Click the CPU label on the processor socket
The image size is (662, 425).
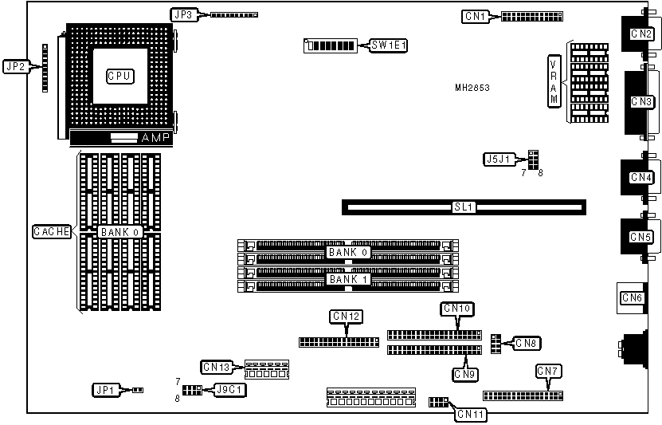[x=119, y=76]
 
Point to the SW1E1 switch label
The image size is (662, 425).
[x=389, y=45]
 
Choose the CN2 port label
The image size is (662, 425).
[x=641, y=33]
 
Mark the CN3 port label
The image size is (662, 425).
[x=641, y=101]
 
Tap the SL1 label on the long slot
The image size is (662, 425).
[x=464, y=207]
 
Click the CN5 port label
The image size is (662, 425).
[x=640, y=237]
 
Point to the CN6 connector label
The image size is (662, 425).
[x=633, y=298]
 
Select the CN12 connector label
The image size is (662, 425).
[x=346, y=317]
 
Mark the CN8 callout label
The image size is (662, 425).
[x=527, y=344]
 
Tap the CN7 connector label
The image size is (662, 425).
[x=548, y=371]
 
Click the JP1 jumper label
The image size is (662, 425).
[x=105, y=390]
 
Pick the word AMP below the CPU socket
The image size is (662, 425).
[x=155, y=139]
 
